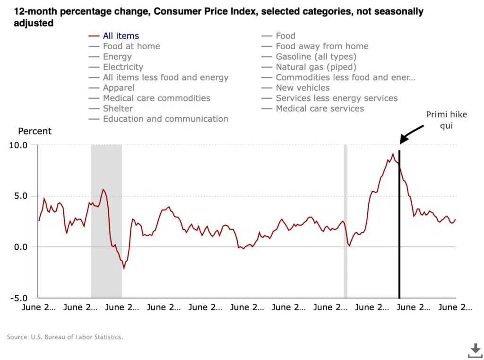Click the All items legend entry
click(x=121, y=36)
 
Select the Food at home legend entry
click(x=131, y=46)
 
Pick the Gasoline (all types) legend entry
click(x=316, y=57)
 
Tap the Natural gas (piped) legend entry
click(x=316, y=67)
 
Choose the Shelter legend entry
click(x=118, y=109)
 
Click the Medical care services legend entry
click(x=320, y=109)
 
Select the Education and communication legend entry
click(x=165, y=119)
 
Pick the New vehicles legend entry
click(x=302, y=88)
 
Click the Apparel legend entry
click(x=119, y=88)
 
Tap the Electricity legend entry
click(x=123, y=67)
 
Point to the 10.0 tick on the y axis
click(x=18, y=145)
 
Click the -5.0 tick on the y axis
click(x=18, y=298)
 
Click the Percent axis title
click(x=35, y=131)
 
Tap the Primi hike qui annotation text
click(x=446, y=120)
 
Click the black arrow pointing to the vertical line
click(x=412, y=132)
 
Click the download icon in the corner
click(x=475, y=351)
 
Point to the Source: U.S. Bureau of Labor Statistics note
click(x=65, y=337)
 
